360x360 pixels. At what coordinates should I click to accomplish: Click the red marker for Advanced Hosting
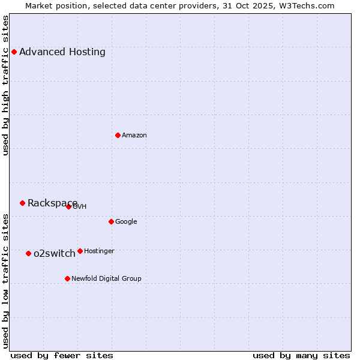pos(14,52)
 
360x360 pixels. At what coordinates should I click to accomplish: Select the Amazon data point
pos(118,135)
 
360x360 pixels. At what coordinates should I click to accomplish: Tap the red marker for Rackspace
pos(22,203)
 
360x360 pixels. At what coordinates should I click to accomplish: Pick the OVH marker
pos(68,206)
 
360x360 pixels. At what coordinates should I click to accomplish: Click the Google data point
pos(111,221)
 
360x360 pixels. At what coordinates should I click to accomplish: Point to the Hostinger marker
pos(80,251)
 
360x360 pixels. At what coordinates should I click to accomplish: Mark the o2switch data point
pos(28,253)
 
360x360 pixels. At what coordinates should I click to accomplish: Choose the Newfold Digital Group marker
pos(67,278)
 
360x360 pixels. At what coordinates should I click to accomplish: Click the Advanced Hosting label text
pos(62,52)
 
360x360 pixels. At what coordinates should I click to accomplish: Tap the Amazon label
pos(134,135)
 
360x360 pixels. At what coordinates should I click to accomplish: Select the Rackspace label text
pos(52,203)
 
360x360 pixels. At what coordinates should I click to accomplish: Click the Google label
pos(126,221)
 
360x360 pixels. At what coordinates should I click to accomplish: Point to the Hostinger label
pos(99,251)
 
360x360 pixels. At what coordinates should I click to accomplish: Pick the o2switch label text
pos(55,253)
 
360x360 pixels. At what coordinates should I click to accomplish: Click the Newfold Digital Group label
pos(106,278)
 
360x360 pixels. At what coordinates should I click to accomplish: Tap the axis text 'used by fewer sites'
pos(62,355)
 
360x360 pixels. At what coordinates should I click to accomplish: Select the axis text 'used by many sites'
pos(301,355)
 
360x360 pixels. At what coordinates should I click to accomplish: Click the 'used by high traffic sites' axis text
pos(5,85)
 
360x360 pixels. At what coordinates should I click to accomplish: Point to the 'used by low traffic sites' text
pos(5,281)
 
